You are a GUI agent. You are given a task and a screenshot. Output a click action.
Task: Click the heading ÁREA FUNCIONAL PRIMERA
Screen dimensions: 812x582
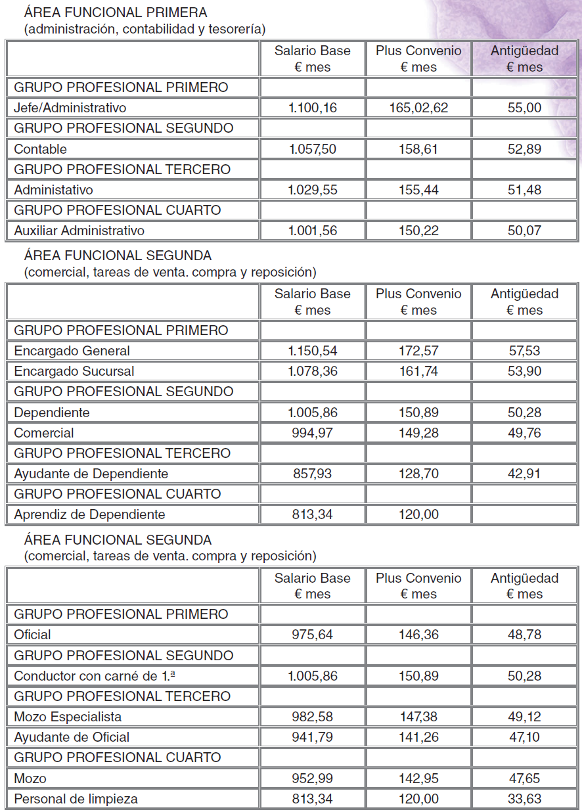[115, 12]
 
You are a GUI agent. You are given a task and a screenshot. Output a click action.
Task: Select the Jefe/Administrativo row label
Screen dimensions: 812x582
[70, 108]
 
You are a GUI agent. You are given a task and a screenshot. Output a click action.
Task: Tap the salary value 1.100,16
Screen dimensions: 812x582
[312, 108]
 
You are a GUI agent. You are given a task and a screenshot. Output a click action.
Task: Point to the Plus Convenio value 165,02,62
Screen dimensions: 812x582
[418, 108]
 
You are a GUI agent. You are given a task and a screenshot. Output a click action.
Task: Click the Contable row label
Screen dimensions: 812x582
[40, 149]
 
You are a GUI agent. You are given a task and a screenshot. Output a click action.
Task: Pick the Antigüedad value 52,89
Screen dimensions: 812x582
[524, 149]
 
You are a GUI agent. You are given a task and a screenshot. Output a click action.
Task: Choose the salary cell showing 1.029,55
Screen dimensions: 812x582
[312, 190]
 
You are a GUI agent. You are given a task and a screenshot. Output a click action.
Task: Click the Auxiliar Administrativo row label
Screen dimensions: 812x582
[79, 231]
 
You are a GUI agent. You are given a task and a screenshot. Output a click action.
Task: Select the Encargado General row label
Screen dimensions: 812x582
[72, 351]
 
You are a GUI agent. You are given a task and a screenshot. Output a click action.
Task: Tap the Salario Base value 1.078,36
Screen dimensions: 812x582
[312, 371]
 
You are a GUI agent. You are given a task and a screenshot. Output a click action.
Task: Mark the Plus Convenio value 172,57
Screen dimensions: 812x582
[418, 351]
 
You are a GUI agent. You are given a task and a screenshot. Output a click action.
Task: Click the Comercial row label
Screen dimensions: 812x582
[43, 433]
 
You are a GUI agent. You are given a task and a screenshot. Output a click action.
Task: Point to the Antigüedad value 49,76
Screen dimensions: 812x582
[524, 433]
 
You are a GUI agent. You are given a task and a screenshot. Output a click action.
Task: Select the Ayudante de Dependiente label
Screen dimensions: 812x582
[91, 474]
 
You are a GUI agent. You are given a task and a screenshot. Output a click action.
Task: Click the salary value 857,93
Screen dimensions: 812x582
[312, 474]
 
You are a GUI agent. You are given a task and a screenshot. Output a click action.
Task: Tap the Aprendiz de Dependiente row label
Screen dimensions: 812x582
[89, 514]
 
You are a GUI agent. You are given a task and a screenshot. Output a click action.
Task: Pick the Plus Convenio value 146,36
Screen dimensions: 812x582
[418, 635]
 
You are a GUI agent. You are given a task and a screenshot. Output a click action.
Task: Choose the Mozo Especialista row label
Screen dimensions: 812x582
[68, 717]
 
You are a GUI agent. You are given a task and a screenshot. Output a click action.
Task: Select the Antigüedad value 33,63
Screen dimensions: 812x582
[524, 799]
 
